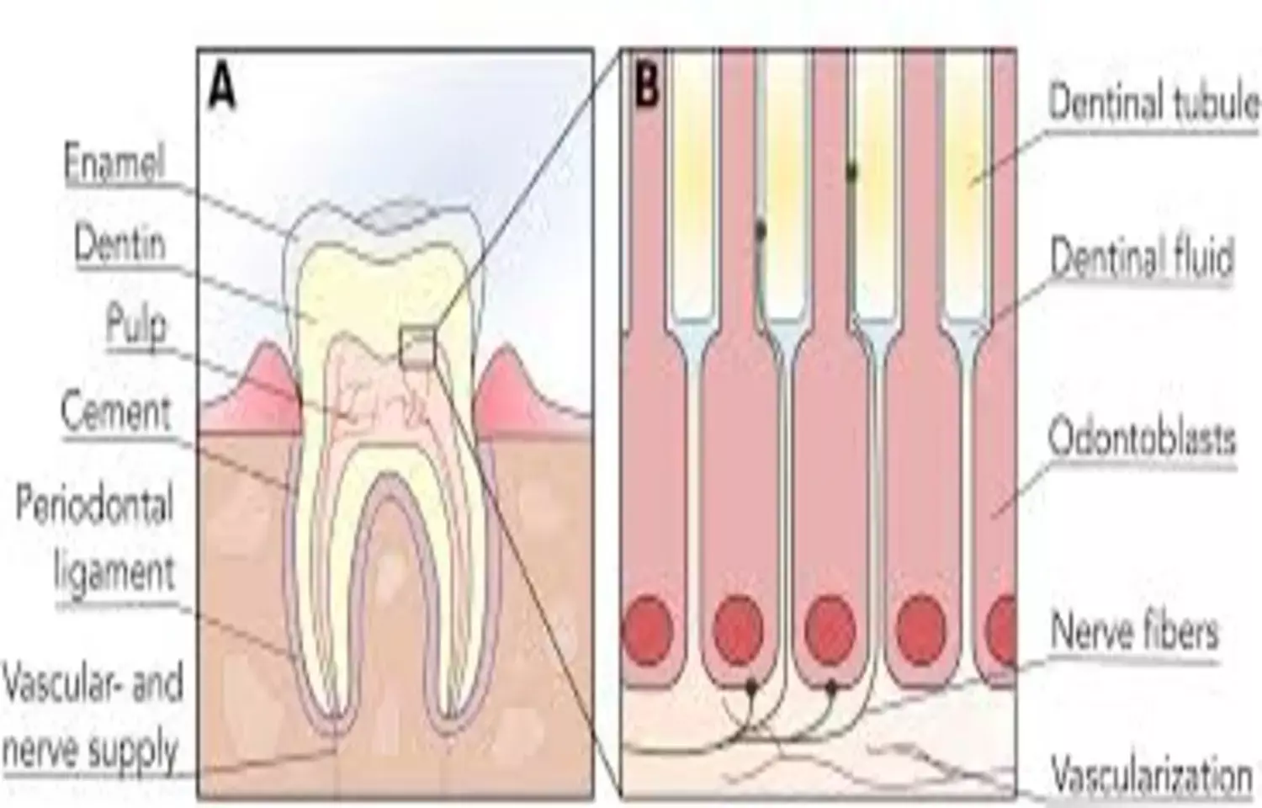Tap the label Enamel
[x=114, y=162]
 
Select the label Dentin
[x=120, y=245]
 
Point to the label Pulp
[x=135, y=325]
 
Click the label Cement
[x=116, y=412]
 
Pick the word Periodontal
[x=94, y=506]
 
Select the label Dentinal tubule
[x=1153, y=104]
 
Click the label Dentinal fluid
[x=1141, y=257]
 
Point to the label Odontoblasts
[x=1141, y=439]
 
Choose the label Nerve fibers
[x=1133, y=630]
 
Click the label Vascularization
[x=1152, y=773]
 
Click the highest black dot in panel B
[x=851, y=172]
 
